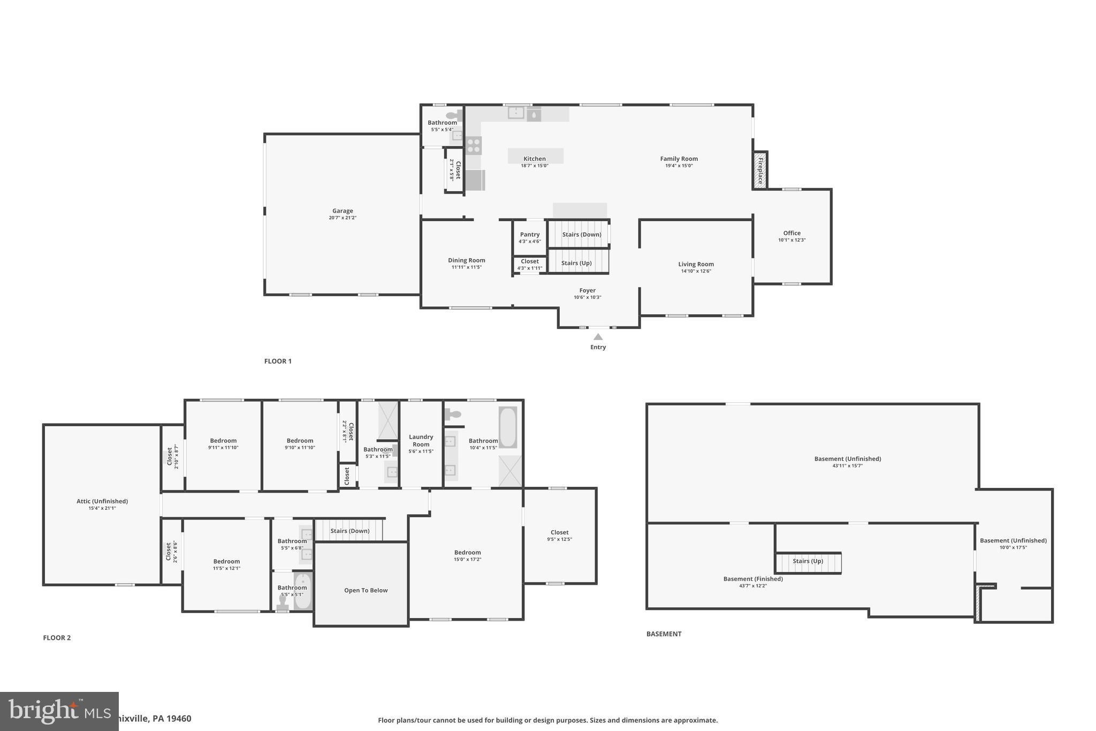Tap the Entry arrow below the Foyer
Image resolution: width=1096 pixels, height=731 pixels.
pos(598,337)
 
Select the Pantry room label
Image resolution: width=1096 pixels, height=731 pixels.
pos(529,235)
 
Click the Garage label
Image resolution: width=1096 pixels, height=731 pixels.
pos(342,211)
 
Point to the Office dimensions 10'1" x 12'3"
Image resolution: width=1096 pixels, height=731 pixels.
pos(791,240)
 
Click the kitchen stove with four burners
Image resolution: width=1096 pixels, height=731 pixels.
pos(474,146)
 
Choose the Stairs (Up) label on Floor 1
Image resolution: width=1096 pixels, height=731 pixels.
pos(576,263)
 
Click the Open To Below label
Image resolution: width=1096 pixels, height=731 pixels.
pos(366,590)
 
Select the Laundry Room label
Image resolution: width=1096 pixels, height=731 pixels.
pos(421,440)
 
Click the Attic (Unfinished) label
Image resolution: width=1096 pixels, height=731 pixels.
pos(102,501)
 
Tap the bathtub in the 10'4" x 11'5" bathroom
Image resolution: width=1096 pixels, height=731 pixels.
pos(508,427)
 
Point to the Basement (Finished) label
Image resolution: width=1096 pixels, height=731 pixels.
pos(753,579)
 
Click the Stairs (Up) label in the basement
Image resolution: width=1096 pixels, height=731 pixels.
pos(808,561)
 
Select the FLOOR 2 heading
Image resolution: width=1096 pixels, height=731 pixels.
pos(57,638)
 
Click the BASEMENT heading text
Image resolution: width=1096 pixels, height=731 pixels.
pos(664,634)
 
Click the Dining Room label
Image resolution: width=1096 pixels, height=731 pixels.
pos(467,260)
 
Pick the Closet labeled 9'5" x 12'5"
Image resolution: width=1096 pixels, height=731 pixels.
pos(559,532)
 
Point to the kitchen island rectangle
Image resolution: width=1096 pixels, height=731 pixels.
pos(535,156)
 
